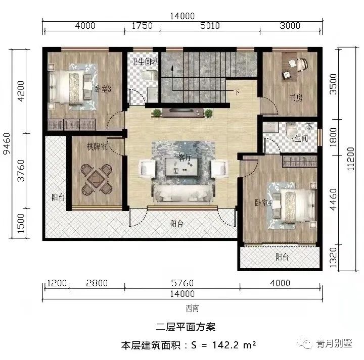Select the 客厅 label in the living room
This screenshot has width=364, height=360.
185,158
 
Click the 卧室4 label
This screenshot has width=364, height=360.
263,202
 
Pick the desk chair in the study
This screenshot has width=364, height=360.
301,65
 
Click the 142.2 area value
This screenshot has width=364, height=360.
227,346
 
